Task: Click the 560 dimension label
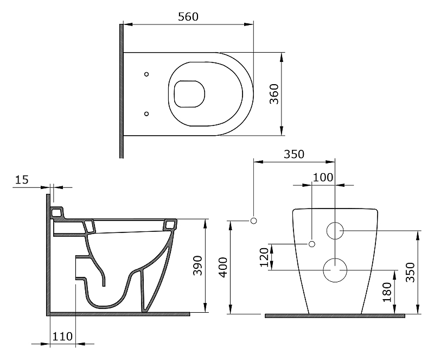coord(188,17)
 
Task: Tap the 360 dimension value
coord(275,94)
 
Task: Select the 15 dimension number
coord(22,180)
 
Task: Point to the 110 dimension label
coord(62,337)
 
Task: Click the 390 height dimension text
coord(197,266)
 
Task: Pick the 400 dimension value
coord(223,268)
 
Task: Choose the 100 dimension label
coord(323,178)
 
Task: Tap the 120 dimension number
coord(264,257)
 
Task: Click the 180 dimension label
coord(387,292)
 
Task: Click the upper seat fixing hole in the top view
coord(146,74)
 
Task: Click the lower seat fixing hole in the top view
coord(146,113)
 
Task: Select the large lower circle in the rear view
coord(335,270)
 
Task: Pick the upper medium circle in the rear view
coord(335,231)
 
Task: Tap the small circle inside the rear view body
coord(312,244)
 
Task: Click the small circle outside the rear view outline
coord(253,220)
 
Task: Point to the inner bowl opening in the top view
coord(189,94)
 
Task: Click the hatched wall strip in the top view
coord(121,91)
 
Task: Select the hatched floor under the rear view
coord(335,315)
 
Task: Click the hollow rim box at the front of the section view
coord(170,224)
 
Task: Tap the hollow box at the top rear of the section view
coord(56,212)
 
